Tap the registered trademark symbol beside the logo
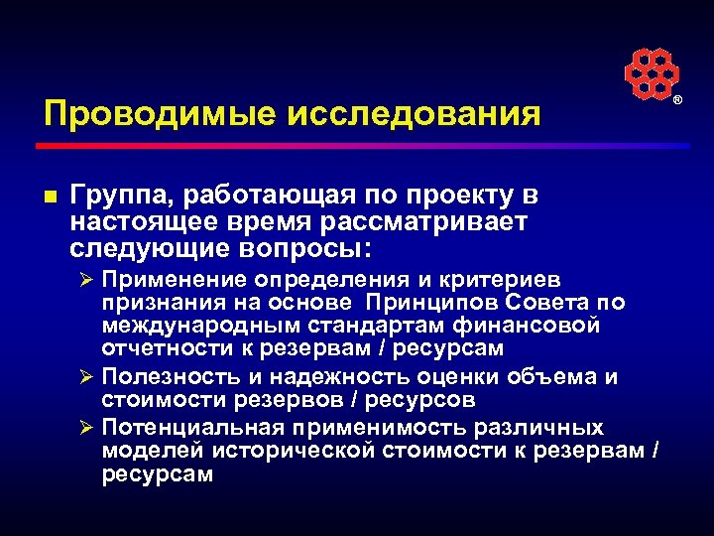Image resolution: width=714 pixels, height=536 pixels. pyautogui.click(x=679, y=101)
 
